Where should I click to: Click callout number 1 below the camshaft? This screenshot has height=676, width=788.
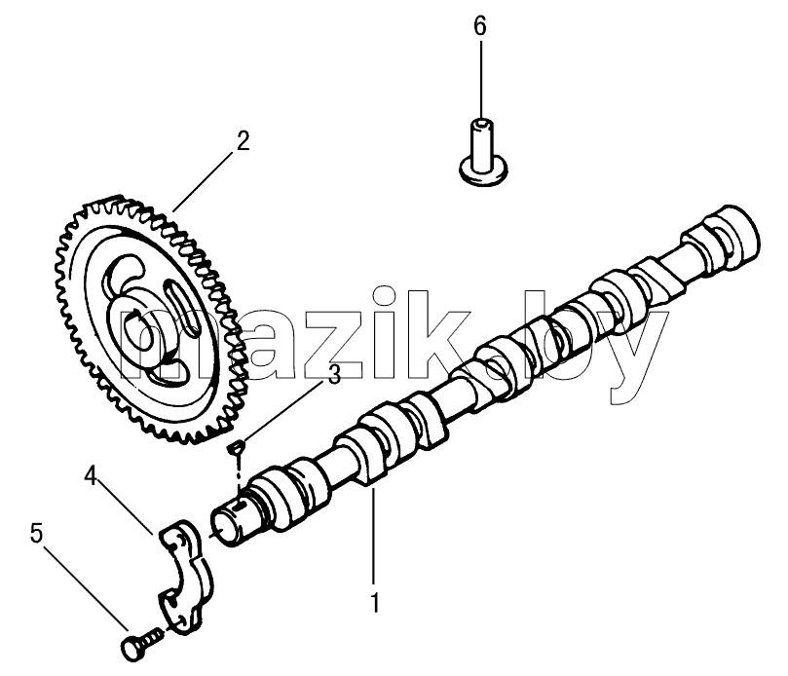[x=374, y=603]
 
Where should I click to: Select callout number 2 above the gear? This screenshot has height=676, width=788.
[x=243, y=141]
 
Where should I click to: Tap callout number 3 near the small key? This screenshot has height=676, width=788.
[x=334, y=374]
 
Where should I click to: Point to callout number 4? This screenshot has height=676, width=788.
[x=91, y=476]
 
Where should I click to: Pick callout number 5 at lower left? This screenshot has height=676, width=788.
[x=37, y=533]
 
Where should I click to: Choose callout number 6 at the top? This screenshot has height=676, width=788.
[x=480, y=26]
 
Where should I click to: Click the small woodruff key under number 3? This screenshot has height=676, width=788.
[x=236, y=447]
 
